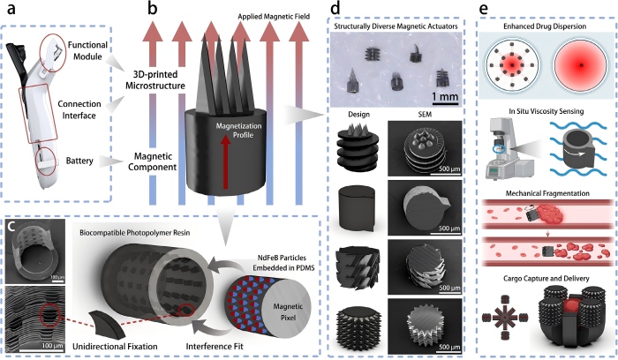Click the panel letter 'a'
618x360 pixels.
[11, 9]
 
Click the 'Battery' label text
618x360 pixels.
[79, 161]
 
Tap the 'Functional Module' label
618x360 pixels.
[87, 51]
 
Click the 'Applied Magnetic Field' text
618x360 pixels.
[274, 17]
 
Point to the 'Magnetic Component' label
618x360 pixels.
[153, 161]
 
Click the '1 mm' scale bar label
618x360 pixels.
[445, 96]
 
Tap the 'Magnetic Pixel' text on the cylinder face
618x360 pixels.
[288, 312]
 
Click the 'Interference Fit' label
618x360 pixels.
[215, 347]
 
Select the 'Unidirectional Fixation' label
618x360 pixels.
[115, 347]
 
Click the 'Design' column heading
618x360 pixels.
[359, 114]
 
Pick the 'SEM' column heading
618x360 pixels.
[425, 114]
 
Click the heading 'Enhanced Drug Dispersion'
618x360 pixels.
[545, 26]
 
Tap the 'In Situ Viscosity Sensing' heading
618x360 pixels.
[546, 111]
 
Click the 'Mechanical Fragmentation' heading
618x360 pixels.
[547, 193]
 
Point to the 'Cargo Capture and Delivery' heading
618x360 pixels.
[546, 279]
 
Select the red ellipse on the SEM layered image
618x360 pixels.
[49, 316]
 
